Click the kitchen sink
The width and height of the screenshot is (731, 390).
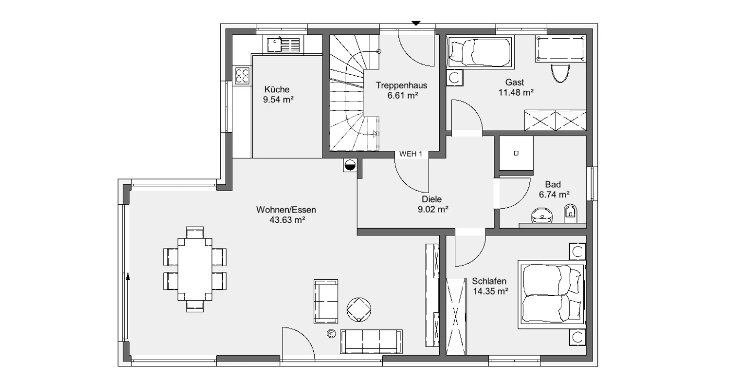pos(283,45)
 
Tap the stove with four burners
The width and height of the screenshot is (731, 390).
pos(242,76)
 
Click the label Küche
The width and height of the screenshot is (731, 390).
pos(277,89)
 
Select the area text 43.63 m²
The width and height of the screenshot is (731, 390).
pos(287,220)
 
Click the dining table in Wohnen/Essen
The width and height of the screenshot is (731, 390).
pos(195,269)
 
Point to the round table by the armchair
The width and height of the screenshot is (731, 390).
pos(359,310)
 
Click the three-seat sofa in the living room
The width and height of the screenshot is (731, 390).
pos(371,341)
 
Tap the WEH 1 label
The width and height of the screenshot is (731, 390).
pos(410,154)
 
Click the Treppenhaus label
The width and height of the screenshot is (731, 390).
pos(402,86)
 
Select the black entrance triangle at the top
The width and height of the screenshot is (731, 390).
pos(416,23)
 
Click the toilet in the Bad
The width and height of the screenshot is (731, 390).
pos(570,214)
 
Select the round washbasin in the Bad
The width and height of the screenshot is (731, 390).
pos(542,216)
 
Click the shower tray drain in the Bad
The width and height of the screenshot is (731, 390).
pos(516,153)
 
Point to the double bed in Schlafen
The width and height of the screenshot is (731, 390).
pos(552,294)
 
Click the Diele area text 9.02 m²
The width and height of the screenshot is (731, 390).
pos(433,209)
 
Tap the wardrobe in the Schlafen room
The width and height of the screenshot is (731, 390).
pos(456,316)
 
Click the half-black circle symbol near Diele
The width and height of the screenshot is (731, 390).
pos(349,166)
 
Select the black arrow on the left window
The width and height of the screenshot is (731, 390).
pos(128,276)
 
